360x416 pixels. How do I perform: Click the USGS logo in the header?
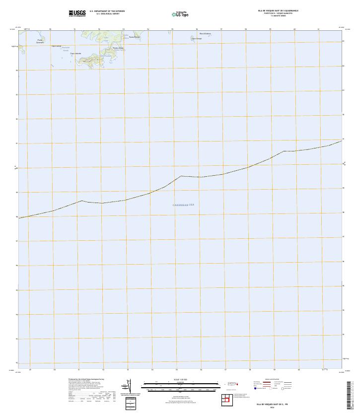click(x=77, y=13)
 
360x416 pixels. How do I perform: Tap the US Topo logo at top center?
click(x=180, y=14)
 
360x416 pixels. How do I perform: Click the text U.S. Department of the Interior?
click(x=107, y=10)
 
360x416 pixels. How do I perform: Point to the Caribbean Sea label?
click(x=183, y=205)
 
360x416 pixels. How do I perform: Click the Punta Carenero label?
click(x=40, y=41)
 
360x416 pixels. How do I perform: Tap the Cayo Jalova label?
click(x=56, y=46)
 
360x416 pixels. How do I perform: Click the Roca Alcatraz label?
click(x=205, y=34)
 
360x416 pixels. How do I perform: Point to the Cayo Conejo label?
click(x=197, y=38)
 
